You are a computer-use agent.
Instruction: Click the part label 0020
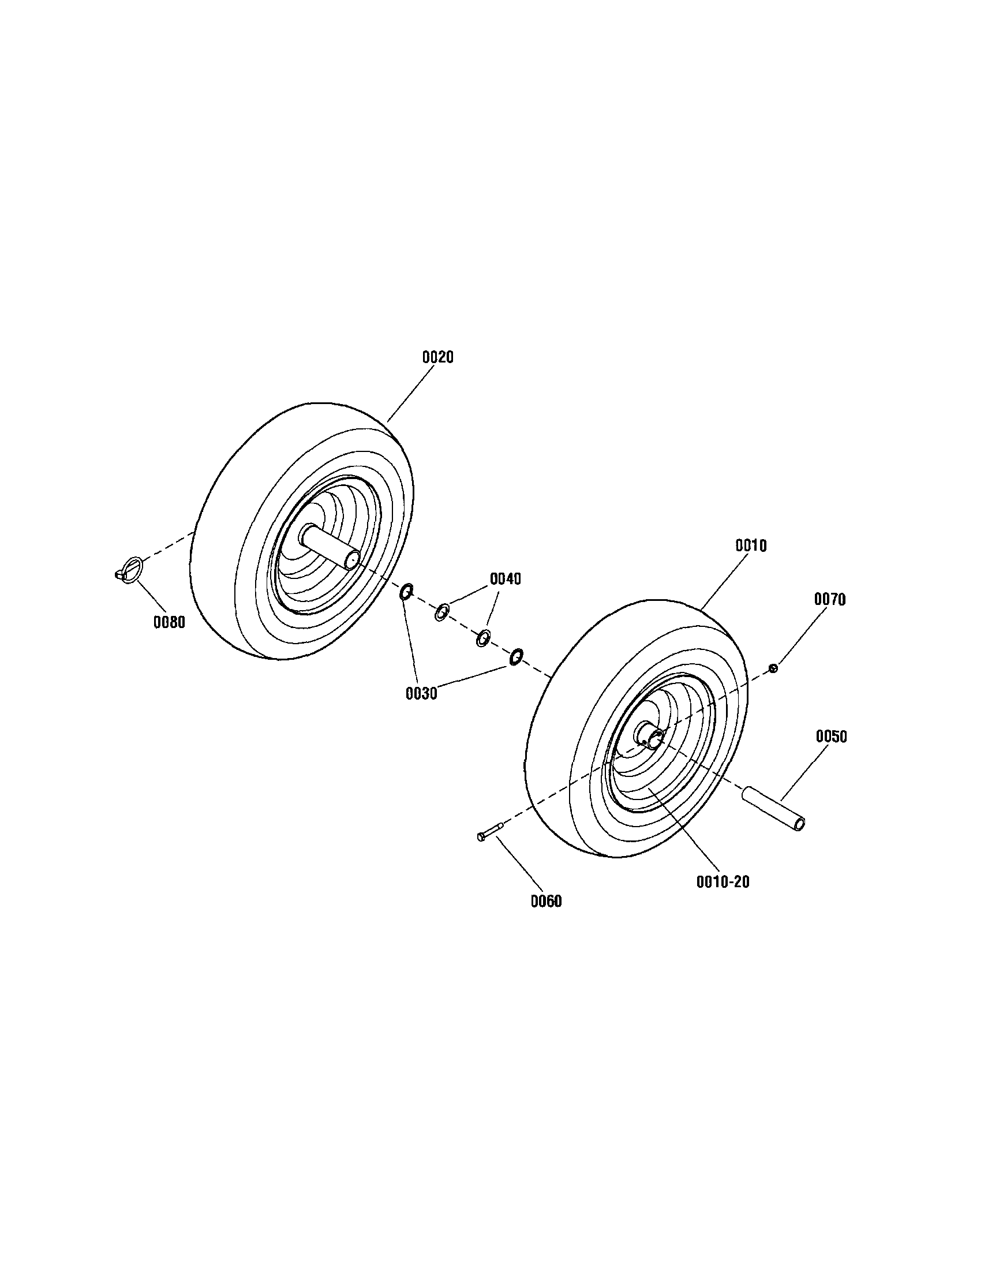[x=437, y=357]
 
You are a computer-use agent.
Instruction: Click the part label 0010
[x=750, y=545]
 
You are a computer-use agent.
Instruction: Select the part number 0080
[x=169, y=623]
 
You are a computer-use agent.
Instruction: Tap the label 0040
[x=505, y=579]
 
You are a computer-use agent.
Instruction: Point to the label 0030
[x=421, y=694]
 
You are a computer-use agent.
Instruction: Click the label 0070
[x=829, y=599]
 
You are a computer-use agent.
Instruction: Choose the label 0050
[x=830, y=737]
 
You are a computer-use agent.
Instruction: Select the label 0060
[x=546, y=902]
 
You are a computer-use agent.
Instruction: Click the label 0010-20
[x=723, y=882]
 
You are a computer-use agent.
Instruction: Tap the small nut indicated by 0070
[x=773, y=668]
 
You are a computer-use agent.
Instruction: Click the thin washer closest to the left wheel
[x=442, y=613]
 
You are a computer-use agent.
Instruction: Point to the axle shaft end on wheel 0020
[x=352, y=559]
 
